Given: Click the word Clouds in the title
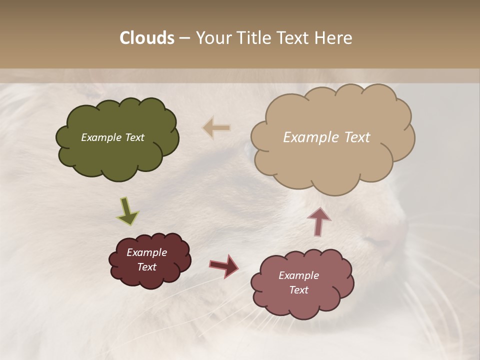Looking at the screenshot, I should (146, 38).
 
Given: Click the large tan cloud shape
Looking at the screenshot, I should (332, 160).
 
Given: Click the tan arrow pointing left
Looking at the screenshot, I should (216, 128).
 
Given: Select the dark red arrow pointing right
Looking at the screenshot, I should (223, 265).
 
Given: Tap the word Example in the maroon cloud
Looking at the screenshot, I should (146, 252).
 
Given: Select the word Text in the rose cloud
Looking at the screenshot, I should (298, 290).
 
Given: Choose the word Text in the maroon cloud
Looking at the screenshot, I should (146, 267).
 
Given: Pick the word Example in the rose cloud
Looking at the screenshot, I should (298, 275).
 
